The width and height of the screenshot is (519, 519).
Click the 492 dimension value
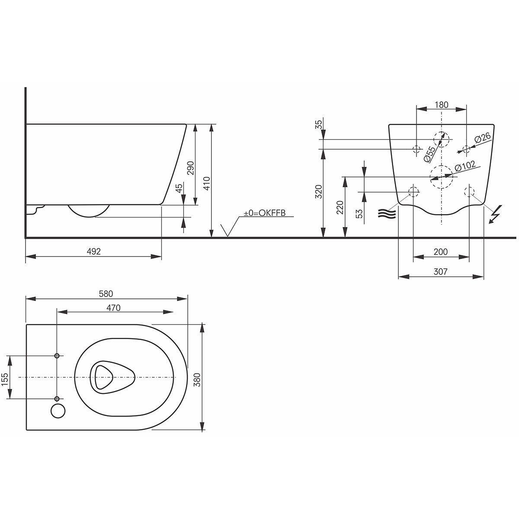[94, 251]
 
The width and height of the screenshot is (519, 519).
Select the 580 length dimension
[106, 294]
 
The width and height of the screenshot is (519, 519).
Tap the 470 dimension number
[113, 308]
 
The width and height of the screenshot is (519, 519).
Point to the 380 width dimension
[198, 380]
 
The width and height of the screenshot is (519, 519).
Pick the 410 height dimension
[207, 183]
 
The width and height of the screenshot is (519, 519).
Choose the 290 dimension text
[190, 168]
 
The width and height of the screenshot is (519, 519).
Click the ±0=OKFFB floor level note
[265, 213]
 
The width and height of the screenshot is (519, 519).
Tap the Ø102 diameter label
[465, 166]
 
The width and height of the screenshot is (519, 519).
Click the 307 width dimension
[440, 272]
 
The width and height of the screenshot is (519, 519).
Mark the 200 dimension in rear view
[441, 252]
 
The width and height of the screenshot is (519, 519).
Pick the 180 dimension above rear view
[442, 105]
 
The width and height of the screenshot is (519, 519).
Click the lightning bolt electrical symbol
[495, 215]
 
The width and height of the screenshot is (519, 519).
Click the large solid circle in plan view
[58, 411]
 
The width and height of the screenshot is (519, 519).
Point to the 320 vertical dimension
[319, 192]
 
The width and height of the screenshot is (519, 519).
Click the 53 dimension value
[359, 214]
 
